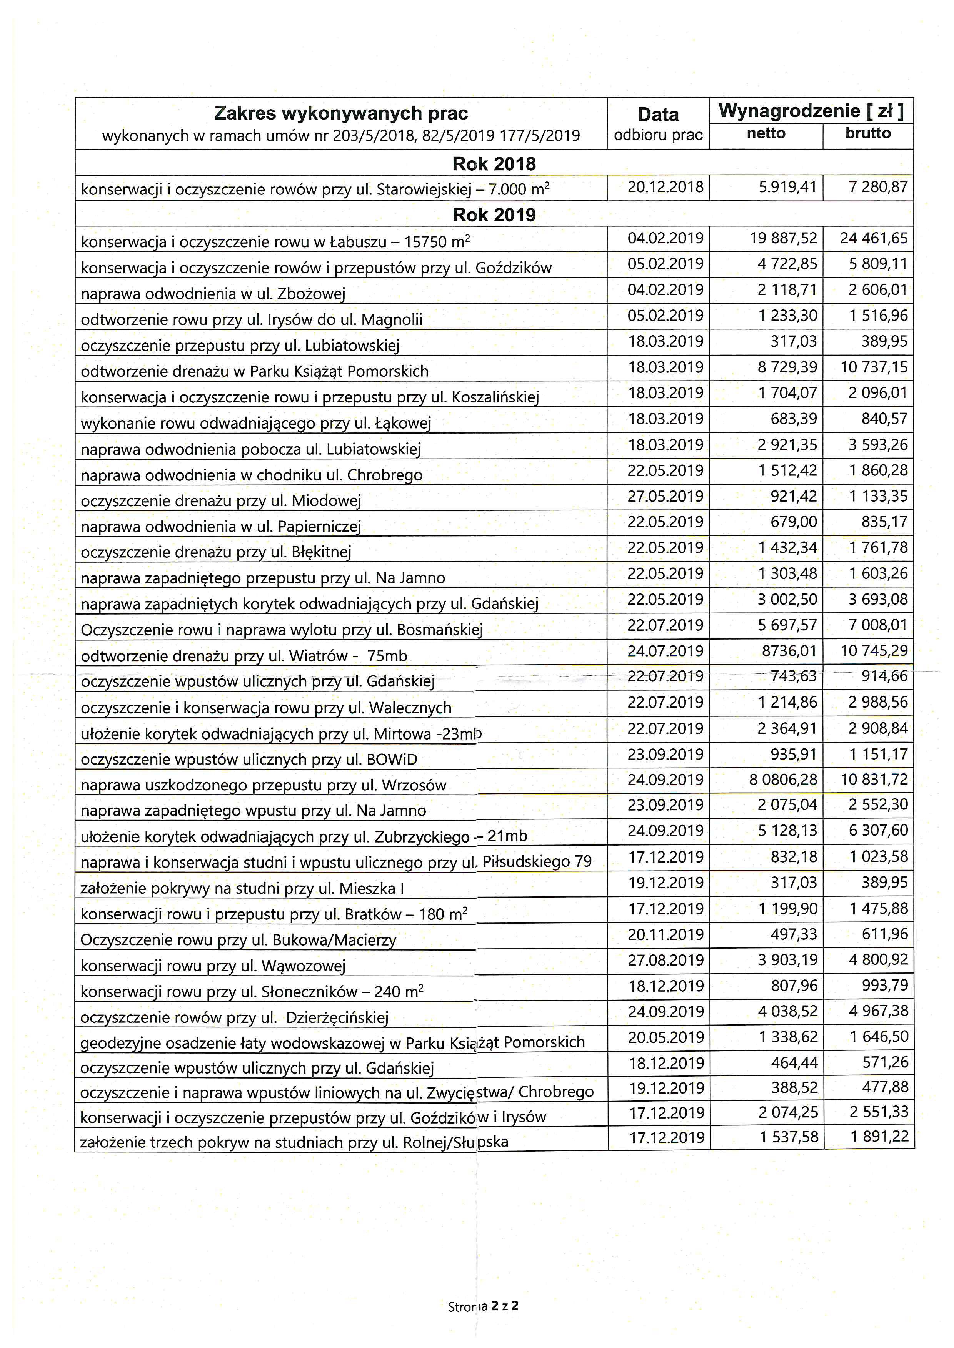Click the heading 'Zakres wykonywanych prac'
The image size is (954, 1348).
(341, 113)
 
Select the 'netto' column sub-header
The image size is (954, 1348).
(766, 134)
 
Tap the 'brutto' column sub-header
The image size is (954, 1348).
(868, 134)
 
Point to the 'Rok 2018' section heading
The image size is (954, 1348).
(494, 164)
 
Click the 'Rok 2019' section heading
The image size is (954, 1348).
(494, 215)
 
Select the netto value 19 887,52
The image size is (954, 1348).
(784, 238)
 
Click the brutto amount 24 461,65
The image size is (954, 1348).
(874, 238)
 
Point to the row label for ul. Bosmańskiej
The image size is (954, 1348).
(281, 630)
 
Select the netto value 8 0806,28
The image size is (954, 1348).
(783, 780)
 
